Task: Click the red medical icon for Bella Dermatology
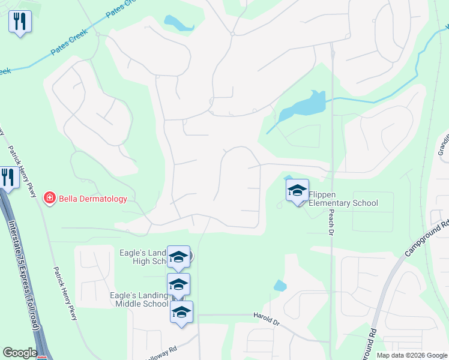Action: tap(50, 198)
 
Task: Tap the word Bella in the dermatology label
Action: tap(69, 199)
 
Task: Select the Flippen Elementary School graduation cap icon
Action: tap(297, 191)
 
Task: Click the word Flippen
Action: tap(322, 194)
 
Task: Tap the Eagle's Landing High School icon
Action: tap(178, 257)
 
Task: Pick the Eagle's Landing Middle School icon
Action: tap(178, 284)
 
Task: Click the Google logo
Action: tap(20, 353)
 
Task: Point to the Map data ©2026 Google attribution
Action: tap(411, 355)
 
